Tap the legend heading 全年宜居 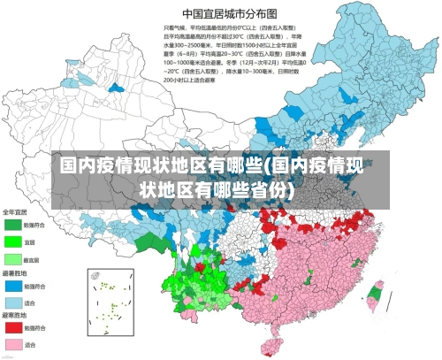[x=15, y=212]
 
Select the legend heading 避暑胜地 [x=15, y=275]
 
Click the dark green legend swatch [x=13, y=226]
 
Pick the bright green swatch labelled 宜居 [x=13, y=241]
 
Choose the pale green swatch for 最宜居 [x=13, y=260]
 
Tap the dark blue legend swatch [x=13, y=287]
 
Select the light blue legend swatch [x=13, y=303]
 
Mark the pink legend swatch [x=13, y=344]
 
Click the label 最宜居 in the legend [x=33, y=260]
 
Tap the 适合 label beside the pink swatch [x=31, y=344]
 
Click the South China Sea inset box [x=110, y=300]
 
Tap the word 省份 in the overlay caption [x=267, y=189]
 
